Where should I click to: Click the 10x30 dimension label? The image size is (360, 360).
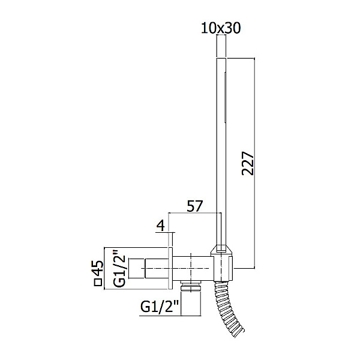(221, 28)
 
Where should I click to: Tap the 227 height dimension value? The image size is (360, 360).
(248, 163)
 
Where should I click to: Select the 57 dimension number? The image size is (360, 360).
(194, 206)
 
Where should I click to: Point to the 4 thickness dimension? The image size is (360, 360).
(161, 226)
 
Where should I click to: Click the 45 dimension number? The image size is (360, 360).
(98, 268)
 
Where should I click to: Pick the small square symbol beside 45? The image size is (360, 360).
(98, 282)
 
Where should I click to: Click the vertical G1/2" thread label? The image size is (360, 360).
(119, 268)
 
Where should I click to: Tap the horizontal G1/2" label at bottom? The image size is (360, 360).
(160, 307)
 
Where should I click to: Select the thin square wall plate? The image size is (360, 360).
(170, 268)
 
